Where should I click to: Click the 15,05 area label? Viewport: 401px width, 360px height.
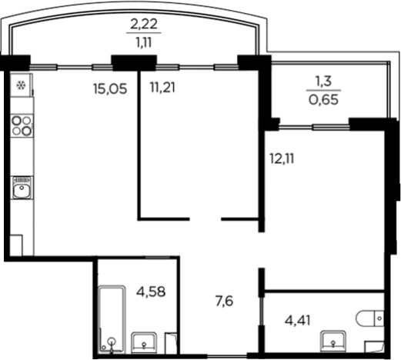(x=110, y=89)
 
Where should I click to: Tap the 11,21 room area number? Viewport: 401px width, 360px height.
(x=162, y=88)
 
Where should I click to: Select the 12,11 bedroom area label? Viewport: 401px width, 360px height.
(x=282, y=158)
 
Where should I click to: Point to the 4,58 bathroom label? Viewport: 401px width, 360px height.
(x=151, y=292)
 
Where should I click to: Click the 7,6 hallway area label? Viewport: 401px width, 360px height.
(x=225, y=301)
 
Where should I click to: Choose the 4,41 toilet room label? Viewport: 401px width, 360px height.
(x=298, y=320)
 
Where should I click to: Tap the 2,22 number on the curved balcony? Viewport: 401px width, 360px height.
(x=144, y=25)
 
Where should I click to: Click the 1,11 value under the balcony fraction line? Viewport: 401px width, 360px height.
(x=144, y=42)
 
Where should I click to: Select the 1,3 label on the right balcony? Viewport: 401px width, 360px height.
(x=323, y=82)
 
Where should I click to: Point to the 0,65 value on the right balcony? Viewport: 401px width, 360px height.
(x=323, y=99)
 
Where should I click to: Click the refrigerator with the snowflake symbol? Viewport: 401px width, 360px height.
(x=22, y=85)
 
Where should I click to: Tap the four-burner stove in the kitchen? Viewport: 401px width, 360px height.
(x=22, y=125)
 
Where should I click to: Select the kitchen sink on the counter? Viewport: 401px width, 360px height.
(x=22, y=188)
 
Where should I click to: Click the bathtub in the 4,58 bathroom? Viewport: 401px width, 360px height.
(x=112, y=319)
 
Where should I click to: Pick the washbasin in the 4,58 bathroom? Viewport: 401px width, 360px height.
(x=144, y=343)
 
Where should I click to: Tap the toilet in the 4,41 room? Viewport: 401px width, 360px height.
(x=369, y=318)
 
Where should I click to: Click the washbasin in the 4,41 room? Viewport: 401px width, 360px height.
(x=333, y=341)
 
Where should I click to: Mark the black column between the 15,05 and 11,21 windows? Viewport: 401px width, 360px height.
(x=134, y=63)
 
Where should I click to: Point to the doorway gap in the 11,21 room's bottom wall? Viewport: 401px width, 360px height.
(x=206, y=219)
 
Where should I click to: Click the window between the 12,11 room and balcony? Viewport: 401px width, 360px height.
(x=314, y=127)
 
